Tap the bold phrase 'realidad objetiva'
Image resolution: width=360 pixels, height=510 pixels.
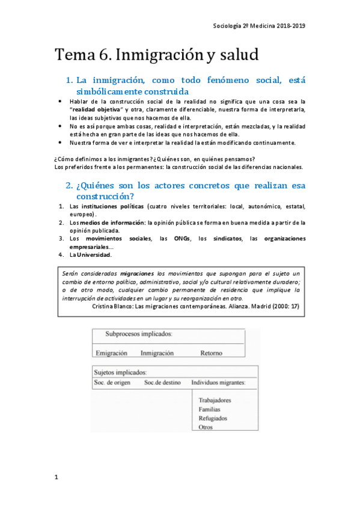[97, 110]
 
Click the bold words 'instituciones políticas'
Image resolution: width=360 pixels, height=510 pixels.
[111, 206]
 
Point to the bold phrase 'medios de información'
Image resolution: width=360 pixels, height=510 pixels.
[111, 223]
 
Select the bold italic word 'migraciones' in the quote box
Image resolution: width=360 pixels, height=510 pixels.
[138, 273]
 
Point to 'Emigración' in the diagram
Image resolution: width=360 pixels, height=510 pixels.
[112, 353]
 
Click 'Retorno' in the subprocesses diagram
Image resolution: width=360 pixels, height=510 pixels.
[212, 353]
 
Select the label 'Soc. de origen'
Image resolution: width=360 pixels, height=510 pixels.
[112, 382]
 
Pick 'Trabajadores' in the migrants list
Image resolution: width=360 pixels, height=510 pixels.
[215, 400]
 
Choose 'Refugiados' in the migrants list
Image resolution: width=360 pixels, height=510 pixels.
[213, 418]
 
